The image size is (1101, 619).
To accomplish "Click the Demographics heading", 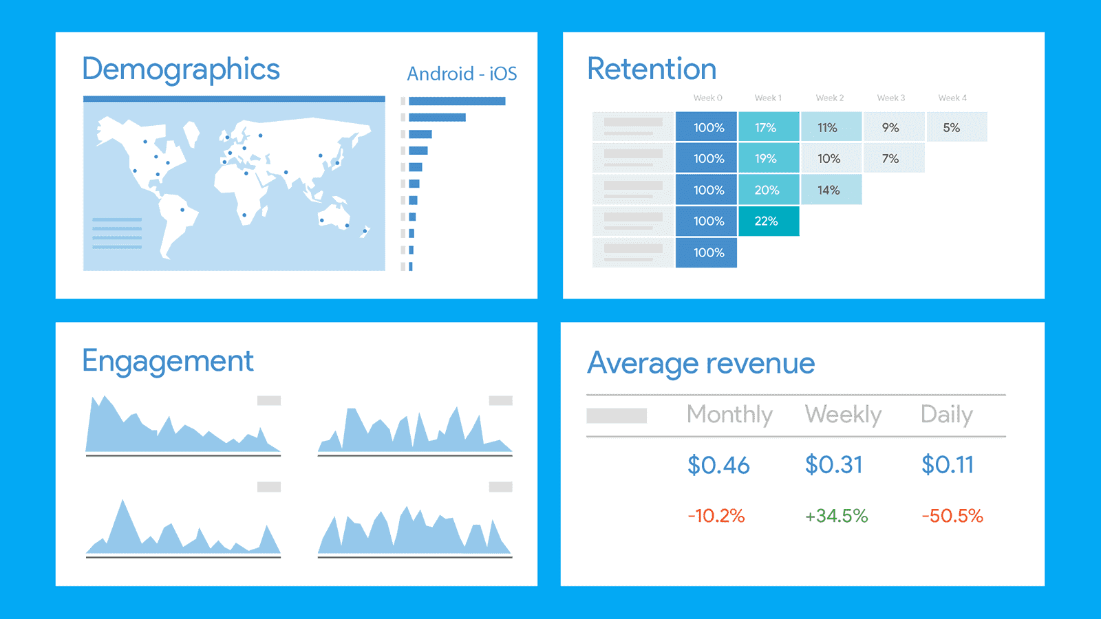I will [x=181, y=69].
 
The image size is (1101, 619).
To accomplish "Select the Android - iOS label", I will [x=462, y=74].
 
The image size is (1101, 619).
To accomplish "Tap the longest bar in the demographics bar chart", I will [x=457, y=101].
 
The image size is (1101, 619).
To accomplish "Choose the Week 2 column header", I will [x=830, y=98].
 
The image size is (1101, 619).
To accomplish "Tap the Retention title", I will [x=652, y=69].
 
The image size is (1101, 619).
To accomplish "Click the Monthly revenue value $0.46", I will [x=718, y=465].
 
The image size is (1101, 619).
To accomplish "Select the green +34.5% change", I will [x=836, y=516].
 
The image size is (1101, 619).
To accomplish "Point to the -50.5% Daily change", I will [x=952, y=516].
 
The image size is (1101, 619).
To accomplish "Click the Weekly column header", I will [x=843, y=414].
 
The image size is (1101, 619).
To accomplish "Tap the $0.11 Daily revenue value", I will [x=948, y=465].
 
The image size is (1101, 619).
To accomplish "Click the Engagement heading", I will [x=168, y=361].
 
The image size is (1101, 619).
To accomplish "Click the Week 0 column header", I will [x=707, y=98].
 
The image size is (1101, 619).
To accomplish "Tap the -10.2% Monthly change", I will [x=716, y=516].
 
